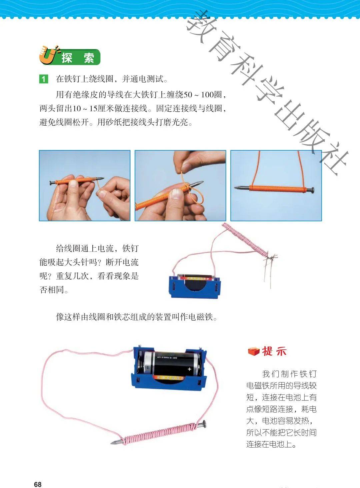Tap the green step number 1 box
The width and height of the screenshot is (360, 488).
(x=43, y=79)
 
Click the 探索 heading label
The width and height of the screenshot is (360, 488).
(x=78, y=58)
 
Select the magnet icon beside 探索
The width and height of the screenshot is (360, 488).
(x=48, y=55)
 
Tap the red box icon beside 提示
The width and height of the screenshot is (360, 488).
(x=254, y=351)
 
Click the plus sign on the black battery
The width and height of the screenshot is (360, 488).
(x=189, y=369)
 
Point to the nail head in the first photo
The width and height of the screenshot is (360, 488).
(x=52, y=183)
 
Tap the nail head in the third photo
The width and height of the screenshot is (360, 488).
(x=313, y=190)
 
